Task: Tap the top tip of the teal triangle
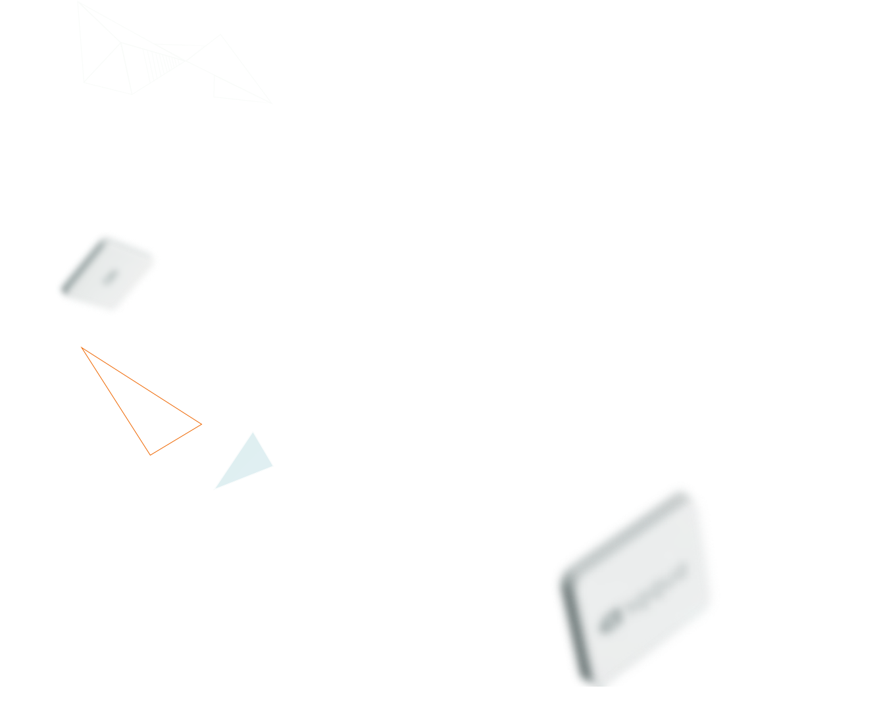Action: click(253, 433)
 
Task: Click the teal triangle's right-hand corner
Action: click(272, 466)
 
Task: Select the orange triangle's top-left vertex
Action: click(82, 347)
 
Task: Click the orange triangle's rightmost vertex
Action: click(201, 425)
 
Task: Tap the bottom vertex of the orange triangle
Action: click(151, 454)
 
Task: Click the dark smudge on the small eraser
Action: click(109, 276)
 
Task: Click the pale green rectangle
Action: click(174, 52)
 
